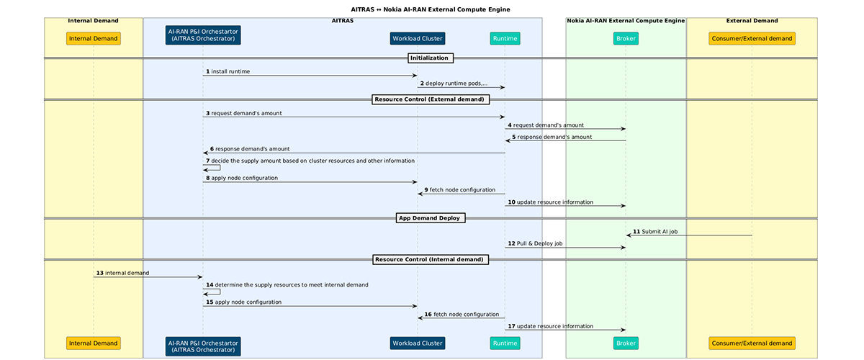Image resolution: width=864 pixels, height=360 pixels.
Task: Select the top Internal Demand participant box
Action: (x=94, y=38)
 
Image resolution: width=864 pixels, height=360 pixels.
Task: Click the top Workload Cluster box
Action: (x=417, y=38)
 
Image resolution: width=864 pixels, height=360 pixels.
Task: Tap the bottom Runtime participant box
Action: (x=505, y=343)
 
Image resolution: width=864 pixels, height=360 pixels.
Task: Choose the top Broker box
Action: (x=626, y=38)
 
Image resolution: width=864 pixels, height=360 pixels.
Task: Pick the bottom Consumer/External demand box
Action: (x=752, y=343)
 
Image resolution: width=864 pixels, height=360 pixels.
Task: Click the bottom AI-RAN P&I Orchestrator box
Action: (x=202, y=346)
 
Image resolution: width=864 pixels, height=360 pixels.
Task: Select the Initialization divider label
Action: (x=430, y=58)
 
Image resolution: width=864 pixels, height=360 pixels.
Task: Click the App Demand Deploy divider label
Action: (x=431, y=218)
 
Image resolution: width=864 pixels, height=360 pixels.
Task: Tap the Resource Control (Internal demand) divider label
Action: (x=430, y=259)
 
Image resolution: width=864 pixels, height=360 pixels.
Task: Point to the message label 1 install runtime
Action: (x=228, y=71)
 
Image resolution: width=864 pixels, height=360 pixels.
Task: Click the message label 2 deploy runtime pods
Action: (x=454, y=84)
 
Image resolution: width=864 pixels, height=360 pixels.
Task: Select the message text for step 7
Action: (x=310, y=161)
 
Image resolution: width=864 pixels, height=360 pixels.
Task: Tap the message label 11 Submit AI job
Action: (x=655, y=231)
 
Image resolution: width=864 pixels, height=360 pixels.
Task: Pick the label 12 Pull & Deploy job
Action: (x=536, y=243)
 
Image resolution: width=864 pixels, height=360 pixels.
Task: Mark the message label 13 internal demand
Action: (x=122, y=273)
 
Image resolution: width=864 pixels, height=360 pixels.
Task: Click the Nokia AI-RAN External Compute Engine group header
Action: (x=625, y=21)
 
